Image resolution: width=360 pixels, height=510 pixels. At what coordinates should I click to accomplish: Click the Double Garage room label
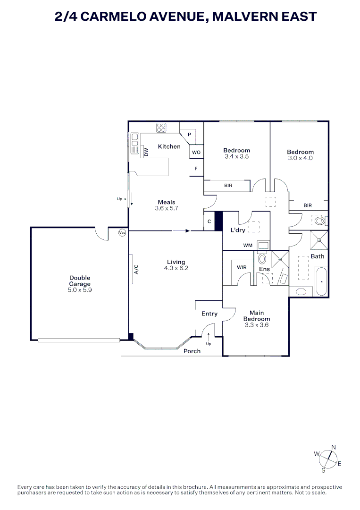pyautogui.click(x=79, y=281)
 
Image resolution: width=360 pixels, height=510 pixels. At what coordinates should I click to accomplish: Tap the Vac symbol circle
pyautogui.click(x=122, y=232)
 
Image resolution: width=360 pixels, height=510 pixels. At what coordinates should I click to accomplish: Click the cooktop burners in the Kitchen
pyautogui.click(x=161, y=127)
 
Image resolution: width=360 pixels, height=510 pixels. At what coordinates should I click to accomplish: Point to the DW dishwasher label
pyautogui.click(x=146, y=152)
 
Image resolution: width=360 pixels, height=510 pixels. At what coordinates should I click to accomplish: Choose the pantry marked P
pyautogui.click(x=189, y=135)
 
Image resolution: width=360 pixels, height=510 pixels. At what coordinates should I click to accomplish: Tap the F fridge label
pyautogui.click(x=196, y=168)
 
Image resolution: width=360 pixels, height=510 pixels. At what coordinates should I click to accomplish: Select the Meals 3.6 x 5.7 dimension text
pyautogui.click(x=167, y=208)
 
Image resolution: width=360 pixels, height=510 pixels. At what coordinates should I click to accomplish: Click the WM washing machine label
pyautogui.click(x=248, y=246)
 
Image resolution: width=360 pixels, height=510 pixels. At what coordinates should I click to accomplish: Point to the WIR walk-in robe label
pyautogui.click(x=242, y=267)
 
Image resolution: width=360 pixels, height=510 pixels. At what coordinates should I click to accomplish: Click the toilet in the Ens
pyautogui.click(x=262, y=259)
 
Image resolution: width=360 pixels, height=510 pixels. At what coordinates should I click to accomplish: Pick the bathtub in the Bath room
pyautogui.click(x=321, y=281)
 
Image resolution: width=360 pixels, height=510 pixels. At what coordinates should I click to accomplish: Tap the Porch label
pyautogui.click(x=192, y=351)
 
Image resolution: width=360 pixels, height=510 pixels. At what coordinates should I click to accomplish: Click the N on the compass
pyautogui.click(x=334, y=447)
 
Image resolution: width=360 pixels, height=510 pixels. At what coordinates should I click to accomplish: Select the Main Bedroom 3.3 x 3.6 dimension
pyautogui.click(x=257, y=325)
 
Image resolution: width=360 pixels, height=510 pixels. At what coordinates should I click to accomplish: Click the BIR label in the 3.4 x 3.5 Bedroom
pyautogui.click(x=228, y=186)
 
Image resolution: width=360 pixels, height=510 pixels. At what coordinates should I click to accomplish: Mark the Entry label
pyautogui.click(x=209, y=314)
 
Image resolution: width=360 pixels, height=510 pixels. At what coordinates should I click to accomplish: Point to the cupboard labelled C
pyautogui.click(x=209, y=221)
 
